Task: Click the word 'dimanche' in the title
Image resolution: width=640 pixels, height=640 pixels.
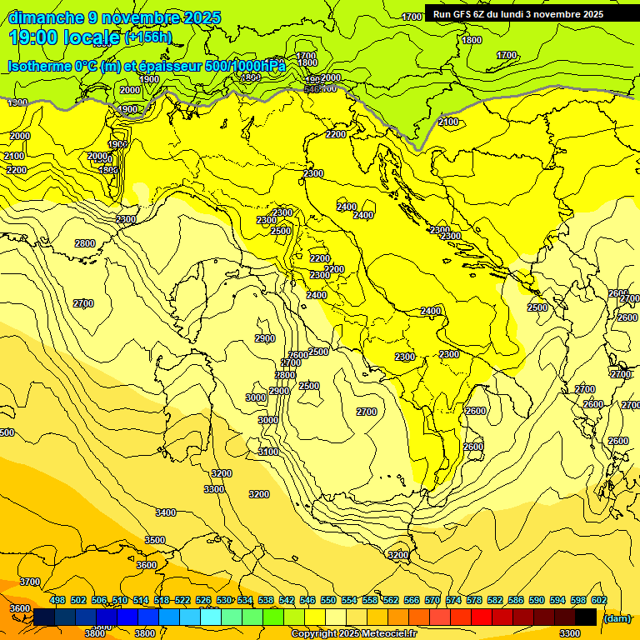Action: click(46, 17)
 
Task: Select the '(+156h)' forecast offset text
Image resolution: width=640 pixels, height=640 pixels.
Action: click(148, 37)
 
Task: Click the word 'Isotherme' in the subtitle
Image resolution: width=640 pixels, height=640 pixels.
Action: click(38, 66)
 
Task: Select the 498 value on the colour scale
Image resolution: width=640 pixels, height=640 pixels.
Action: click(57, 601)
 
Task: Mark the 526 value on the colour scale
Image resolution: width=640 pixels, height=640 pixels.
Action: click(203, 601)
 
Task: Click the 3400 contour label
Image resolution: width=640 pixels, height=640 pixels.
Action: click(166, 512)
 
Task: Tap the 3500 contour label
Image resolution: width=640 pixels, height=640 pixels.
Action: click(155, 540)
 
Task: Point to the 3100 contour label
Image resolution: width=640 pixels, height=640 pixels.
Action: click(268, 452)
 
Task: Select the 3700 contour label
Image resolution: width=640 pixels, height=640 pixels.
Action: click(30, 582)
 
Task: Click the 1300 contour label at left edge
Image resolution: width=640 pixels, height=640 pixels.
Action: click(17, 102)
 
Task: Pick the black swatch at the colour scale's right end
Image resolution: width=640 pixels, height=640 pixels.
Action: click(586, 617)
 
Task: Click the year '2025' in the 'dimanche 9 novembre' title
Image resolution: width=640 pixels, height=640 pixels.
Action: click(202, 17)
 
